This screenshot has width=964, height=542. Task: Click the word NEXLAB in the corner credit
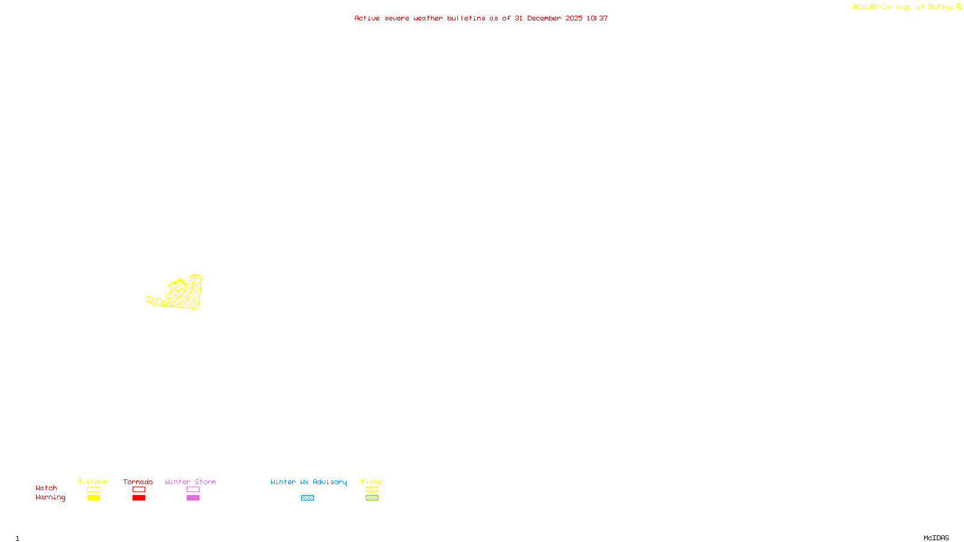[865, 7]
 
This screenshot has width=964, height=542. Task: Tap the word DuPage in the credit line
[941, 7]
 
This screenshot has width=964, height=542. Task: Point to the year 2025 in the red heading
[574, 19]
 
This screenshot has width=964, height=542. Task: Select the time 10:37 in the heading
[597, 19]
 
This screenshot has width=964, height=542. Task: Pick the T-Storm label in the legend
[93, 482]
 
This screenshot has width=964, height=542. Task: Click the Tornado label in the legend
[138, 482]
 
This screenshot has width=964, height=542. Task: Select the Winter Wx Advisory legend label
[308, 482]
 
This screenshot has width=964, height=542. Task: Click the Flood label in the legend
[372, 482]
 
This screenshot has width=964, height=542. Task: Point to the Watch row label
[46, 488]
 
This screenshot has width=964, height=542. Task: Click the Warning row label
[50, 497]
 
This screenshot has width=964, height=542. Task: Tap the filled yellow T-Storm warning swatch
[93, 498]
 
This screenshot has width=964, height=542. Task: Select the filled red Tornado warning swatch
[139, 498]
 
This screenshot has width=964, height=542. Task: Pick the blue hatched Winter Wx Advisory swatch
[307, 498]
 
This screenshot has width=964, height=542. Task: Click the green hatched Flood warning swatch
[372, 498]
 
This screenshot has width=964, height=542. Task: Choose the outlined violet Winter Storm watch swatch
[193, 490]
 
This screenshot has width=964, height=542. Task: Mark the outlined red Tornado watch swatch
[139, 490]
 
